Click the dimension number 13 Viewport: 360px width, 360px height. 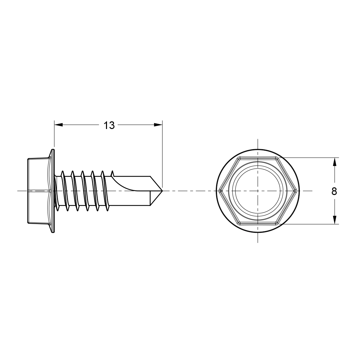tap(109, 125)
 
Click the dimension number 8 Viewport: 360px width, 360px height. tap(334, 191)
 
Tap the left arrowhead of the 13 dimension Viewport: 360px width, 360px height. tap(58, 125)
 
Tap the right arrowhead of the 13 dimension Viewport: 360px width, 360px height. tap(158, 125)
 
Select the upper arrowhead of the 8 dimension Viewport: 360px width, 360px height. tap(335, 162)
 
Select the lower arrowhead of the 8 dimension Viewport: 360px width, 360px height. tap(335, 220)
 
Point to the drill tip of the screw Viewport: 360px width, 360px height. tap(162, 191)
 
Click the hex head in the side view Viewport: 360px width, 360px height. tap(39, 191)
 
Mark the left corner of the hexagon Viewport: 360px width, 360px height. tap(220, 191)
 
